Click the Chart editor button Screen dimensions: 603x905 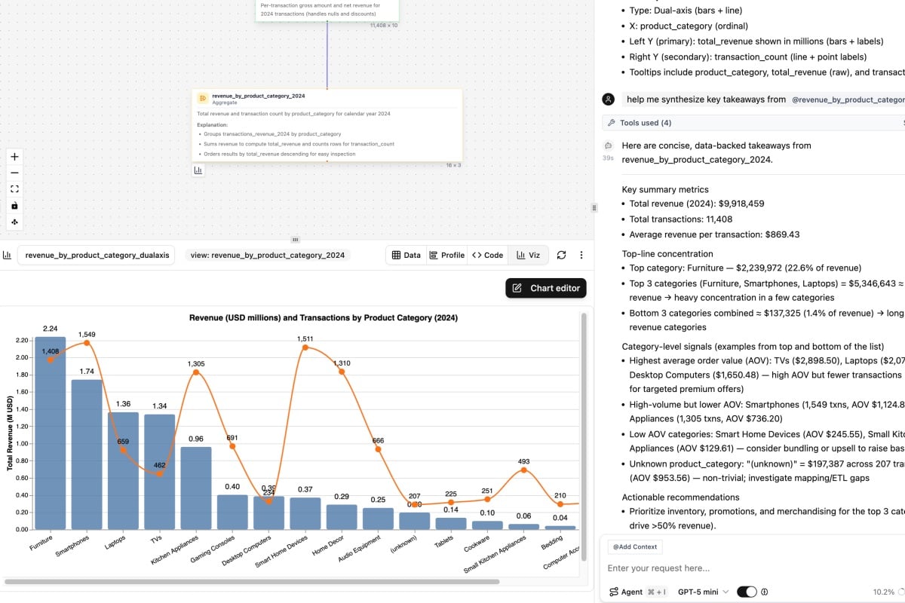(x=545, y=288)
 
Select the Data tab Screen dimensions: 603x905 (x=406, y=255)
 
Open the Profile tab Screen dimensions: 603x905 (x=446, y=255)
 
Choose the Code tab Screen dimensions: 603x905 (x=487, y=255)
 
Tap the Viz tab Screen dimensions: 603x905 (x=528, y=255)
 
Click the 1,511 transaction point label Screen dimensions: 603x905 (x=305, y=338)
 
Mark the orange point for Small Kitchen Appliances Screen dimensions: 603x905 (x=523, y=470)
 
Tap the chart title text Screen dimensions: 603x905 (x=323, y=318)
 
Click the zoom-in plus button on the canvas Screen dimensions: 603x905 (x=15, y=157)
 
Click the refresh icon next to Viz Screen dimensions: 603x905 (x=561, y=255)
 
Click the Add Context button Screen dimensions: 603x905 (x=635, y=546)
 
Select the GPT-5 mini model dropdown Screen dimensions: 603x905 (x=703, y=592)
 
